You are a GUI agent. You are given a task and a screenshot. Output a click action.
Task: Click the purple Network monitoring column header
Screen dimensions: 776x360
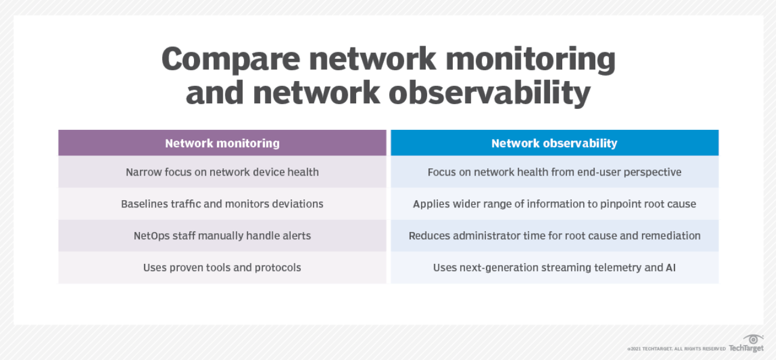pyautogui.click(x=222, y=143)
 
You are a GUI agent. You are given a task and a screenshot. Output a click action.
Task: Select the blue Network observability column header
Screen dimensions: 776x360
pyautogui.click(x=554, y=143)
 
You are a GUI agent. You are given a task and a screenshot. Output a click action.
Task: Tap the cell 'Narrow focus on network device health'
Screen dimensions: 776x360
pyautogui.click(x=222, y=172)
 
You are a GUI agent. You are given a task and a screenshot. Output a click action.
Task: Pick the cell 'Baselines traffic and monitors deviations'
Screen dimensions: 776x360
pyautogui.click(x=222, y=204)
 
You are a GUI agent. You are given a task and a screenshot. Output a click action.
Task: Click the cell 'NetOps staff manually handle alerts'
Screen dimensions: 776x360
pyautogui.click(x=222, y=236)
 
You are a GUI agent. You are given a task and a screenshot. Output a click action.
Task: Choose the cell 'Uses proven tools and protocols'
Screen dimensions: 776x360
pyautogui.click(x=222, y=267)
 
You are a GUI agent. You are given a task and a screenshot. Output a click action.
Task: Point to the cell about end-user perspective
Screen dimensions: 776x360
pyautogui.click(x=554, y=172)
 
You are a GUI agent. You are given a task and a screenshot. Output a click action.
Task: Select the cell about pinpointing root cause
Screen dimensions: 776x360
pyautogui.click(x=554, y=204)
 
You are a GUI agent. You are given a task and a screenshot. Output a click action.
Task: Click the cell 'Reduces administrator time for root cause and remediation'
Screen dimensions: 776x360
pyautogui.click(x=554, y=236)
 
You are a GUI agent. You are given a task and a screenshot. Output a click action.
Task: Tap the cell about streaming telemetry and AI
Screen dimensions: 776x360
pyautogui.click(x=554, y=267)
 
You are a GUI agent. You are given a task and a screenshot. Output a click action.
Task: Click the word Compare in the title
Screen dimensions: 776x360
pyautogui.click(x=231, y=59)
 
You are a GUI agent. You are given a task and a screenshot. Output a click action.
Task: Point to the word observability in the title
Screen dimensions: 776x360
pyautogui.click(x=489, y=93)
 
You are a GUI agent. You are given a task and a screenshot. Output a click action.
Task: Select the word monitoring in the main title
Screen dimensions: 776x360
pyautogui.click(x=530, y=59)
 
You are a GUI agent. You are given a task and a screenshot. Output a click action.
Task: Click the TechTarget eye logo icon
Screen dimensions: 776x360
pyautogui.click(x=753, y=339)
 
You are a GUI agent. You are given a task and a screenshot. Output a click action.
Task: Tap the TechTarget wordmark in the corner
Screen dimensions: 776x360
pyautogui.click(x=746, y=348)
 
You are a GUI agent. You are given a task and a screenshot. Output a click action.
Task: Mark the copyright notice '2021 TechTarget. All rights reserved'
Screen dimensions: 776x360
pyautogui.click(x=676, y=349)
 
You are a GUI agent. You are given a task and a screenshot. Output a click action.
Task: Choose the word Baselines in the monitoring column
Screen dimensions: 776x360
pyautogui.click(x=145, y=204)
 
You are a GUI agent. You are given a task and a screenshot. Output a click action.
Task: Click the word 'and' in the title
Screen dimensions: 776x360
pyautogui.click(x=214, y=93)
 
